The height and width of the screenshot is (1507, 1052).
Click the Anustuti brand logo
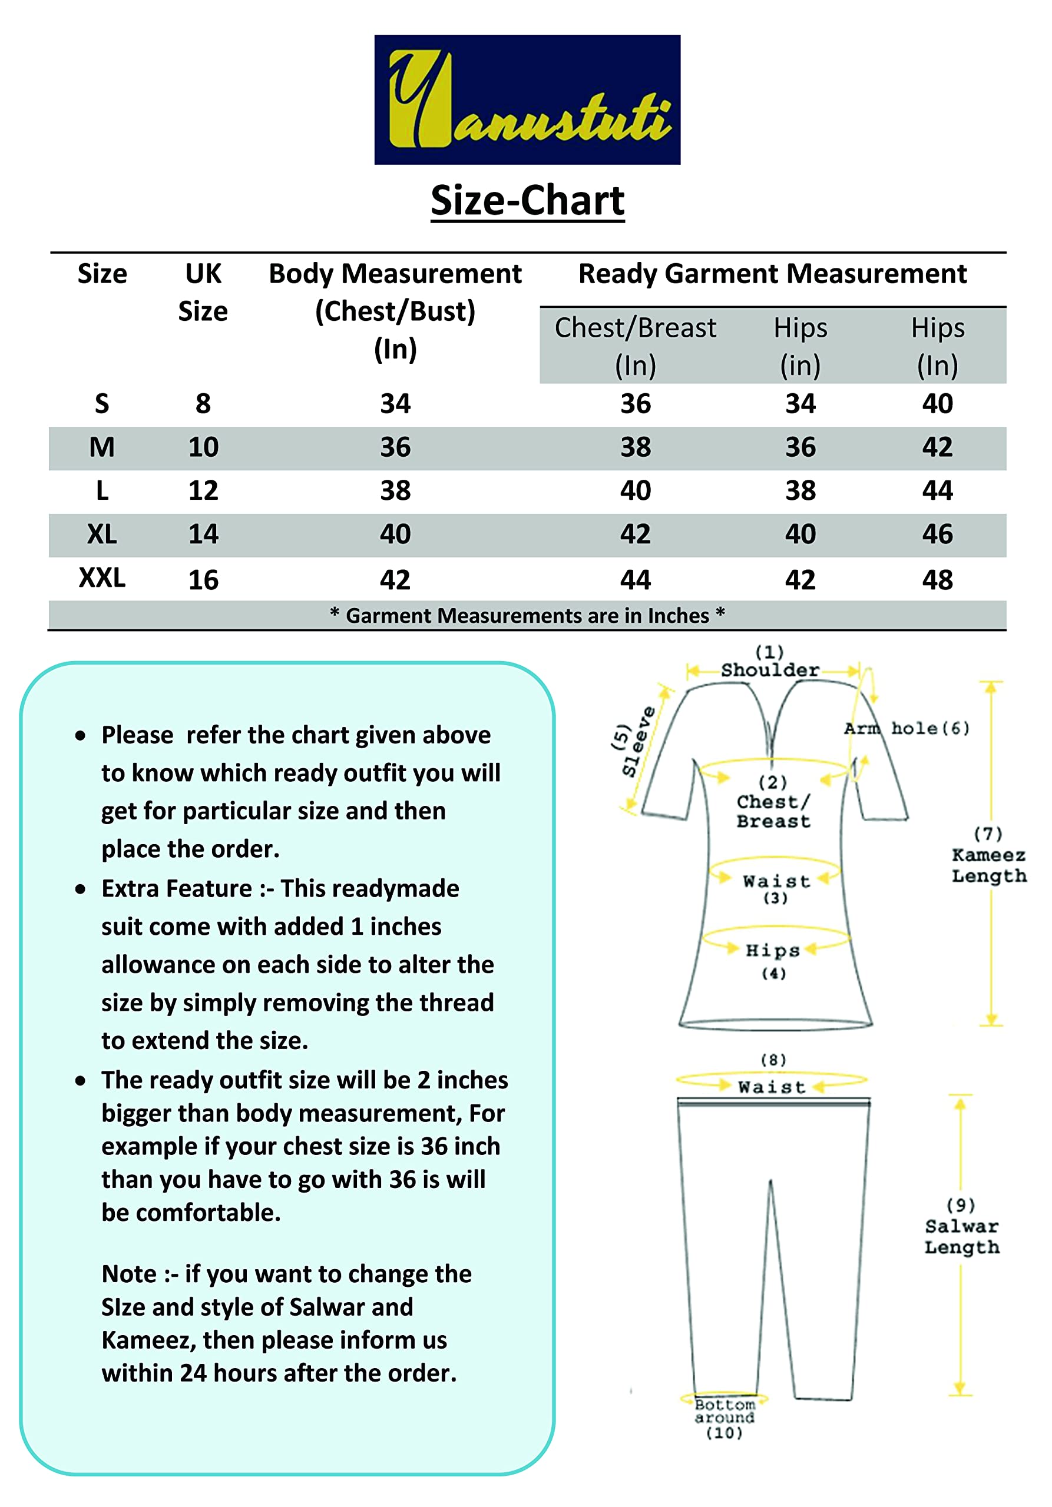coord(527,99)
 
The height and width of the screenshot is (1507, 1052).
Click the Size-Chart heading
coord(527,200)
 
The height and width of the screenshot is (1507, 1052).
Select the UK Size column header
coord(203,292)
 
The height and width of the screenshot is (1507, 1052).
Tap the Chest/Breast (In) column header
coord(635,346)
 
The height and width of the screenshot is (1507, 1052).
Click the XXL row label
coord(102,577)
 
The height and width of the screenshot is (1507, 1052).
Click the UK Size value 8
coord(203,404)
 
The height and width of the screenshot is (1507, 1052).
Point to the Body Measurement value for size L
coord(395,491)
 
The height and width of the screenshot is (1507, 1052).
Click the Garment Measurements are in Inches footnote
coord(527,616)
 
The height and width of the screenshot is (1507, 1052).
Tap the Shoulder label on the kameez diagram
coord(770,670)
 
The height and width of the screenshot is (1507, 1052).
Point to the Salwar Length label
coord(961,1237)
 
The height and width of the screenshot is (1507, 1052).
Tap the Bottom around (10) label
coord(725,1418)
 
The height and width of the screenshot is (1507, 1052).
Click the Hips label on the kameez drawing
coord(773,950)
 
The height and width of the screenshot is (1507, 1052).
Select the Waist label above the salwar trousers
coord(772,1087)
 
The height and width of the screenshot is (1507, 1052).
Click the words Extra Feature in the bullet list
coord(177,889)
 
